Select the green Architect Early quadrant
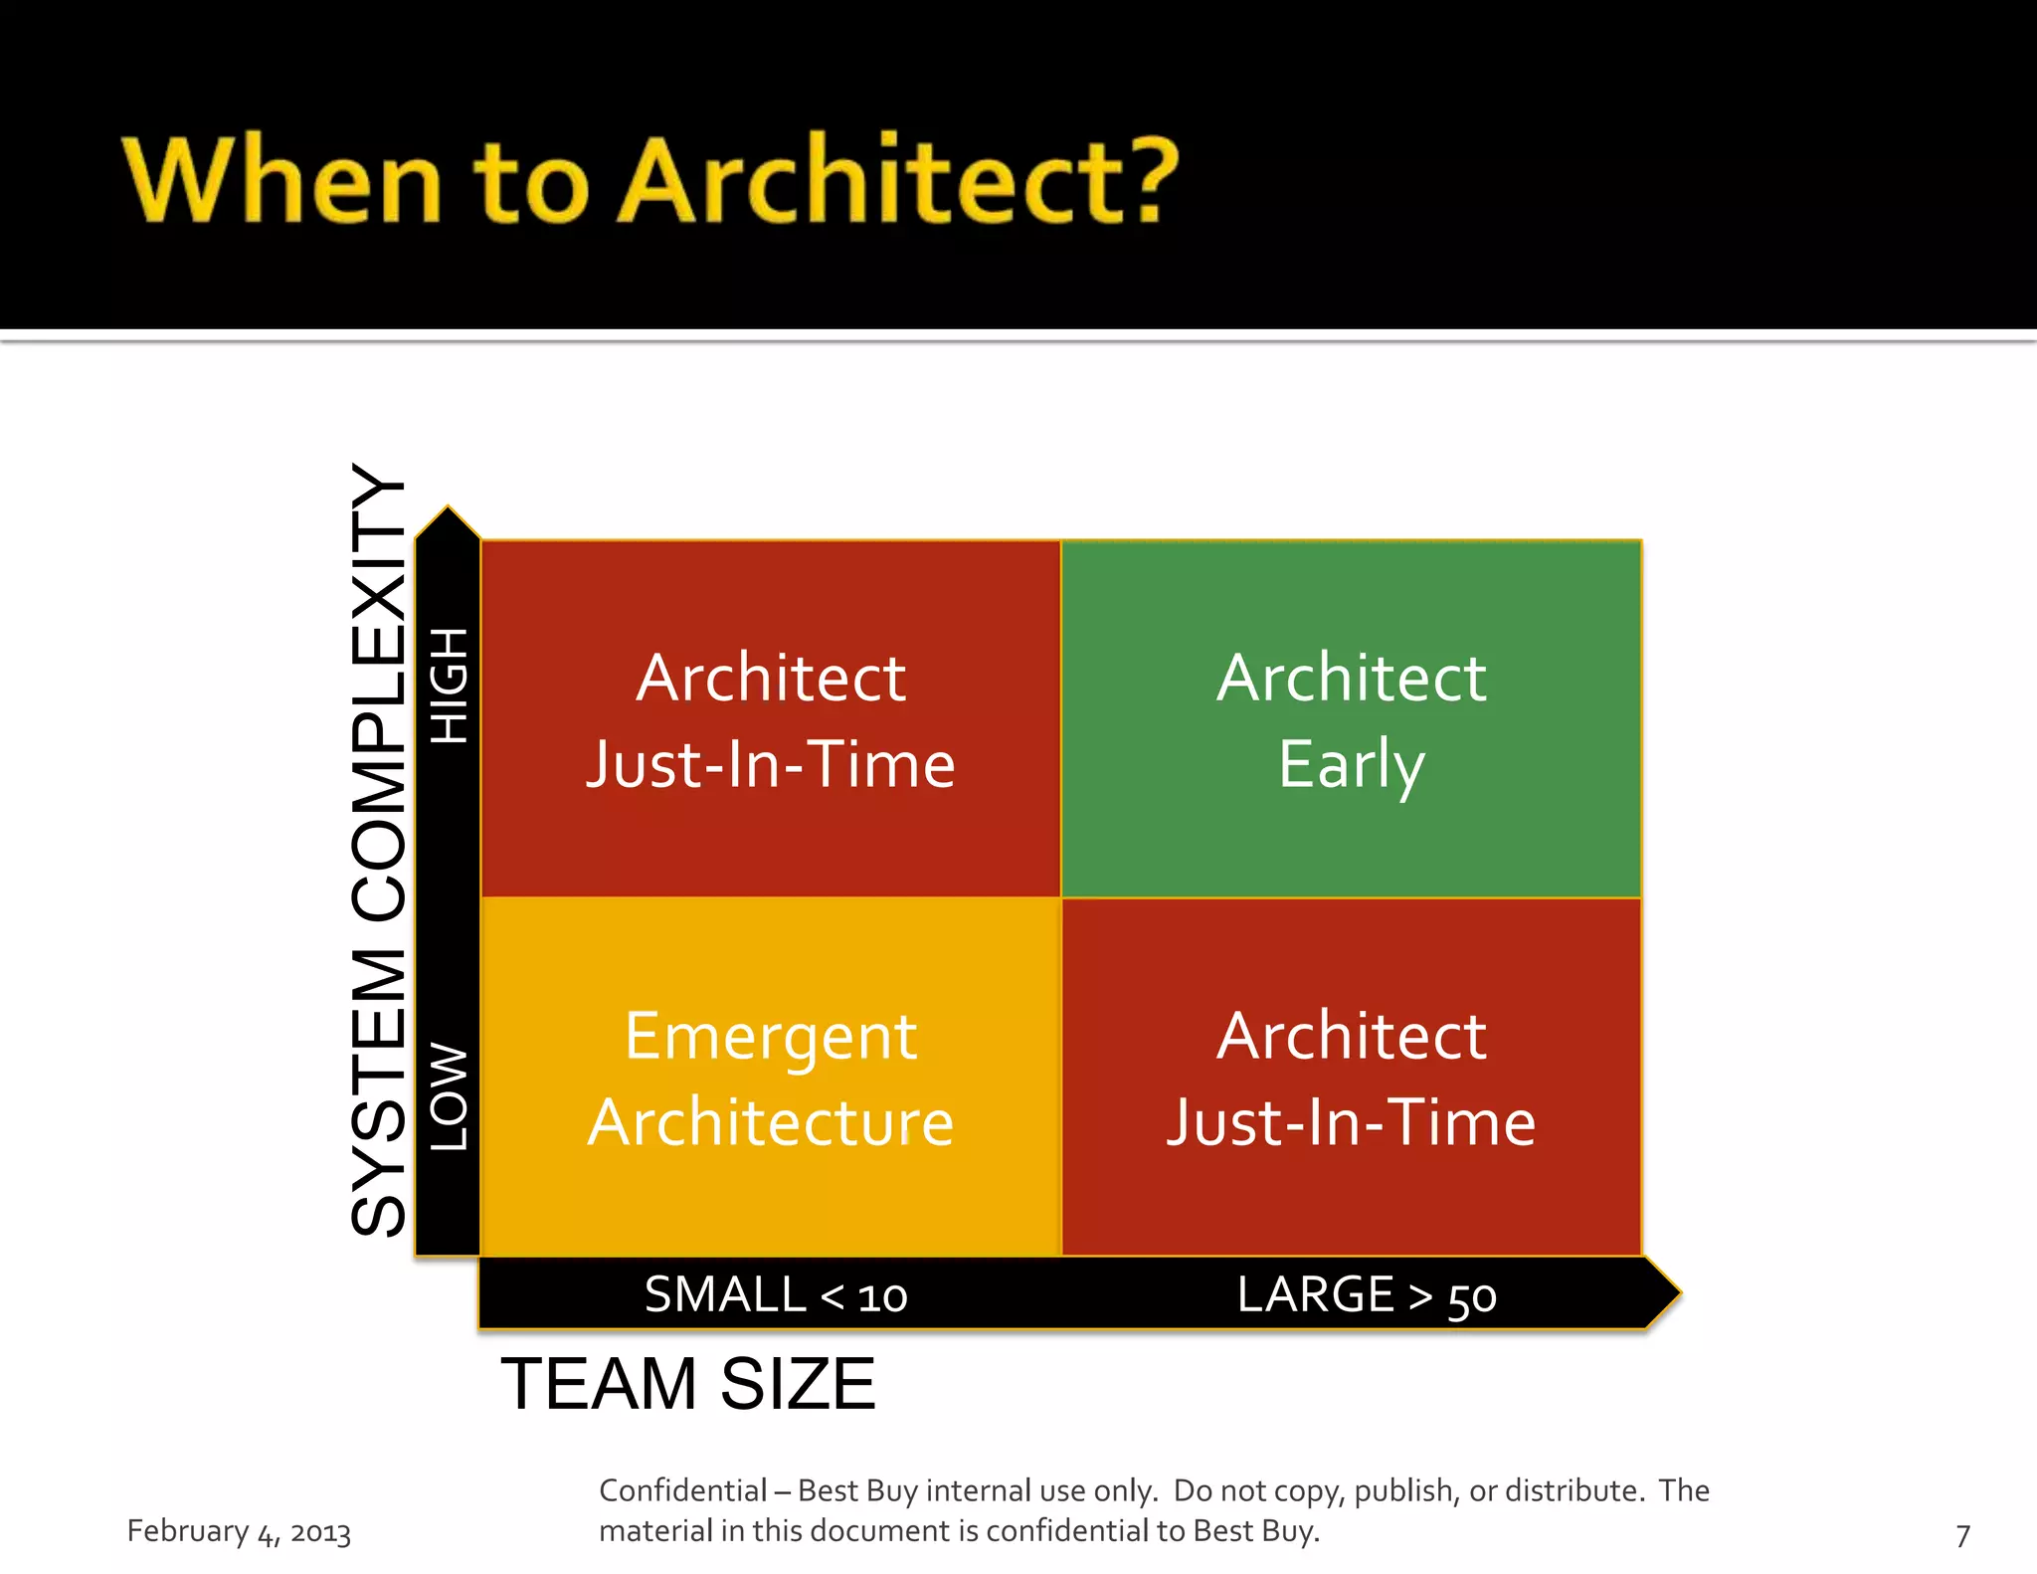[1351, 718]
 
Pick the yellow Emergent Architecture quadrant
[771, 1077]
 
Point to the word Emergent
[771, 1037]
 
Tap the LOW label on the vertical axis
[449, 1096]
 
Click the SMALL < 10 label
[776, 1295]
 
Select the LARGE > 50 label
[1367, 1295]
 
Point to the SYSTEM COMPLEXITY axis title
[379, 851]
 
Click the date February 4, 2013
[239, 1531]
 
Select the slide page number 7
[1962, 1535]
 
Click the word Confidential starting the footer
[682, 1490]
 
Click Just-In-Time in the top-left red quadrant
[771, 764]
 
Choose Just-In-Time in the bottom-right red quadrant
[1351, 1122]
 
